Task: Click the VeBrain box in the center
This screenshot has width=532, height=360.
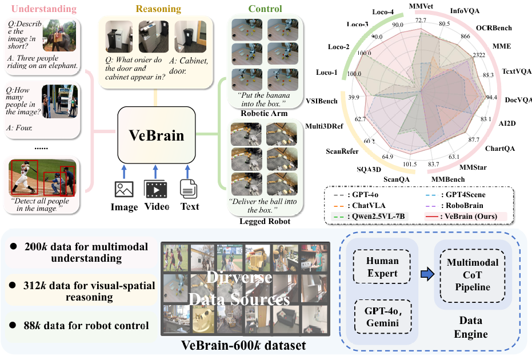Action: tap(157, 135)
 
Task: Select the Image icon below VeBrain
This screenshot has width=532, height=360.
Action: tap(124, 189)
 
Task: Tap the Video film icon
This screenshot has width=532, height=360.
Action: tap(156, 189)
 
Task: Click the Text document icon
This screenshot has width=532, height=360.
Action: tap(189, 189)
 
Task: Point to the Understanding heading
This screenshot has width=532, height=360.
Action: tap(44, 9)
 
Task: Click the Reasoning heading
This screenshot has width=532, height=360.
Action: tap(158, 9)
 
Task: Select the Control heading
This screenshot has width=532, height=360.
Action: tap(265, 9)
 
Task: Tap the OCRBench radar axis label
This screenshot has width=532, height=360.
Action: tap(494, 28)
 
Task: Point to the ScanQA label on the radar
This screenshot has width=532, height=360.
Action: tap(397, 179)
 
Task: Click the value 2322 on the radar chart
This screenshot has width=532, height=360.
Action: tap(479, 55)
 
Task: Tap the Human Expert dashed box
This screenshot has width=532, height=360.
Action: tap(382, 267)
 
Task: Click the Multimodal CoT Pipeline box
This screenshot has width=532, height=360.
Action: tap(472, 275)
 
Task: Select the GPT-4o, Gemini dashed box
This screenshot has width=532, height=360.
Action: tap(383, 317)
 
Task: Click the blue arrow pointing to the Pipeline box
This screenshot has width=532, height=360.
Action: tap(427, 274)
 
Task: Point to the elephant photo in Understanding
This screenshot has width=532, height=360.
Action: tap(59, 35)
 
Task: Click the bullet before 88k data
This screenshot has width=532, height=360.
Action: tap(13, 325)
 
